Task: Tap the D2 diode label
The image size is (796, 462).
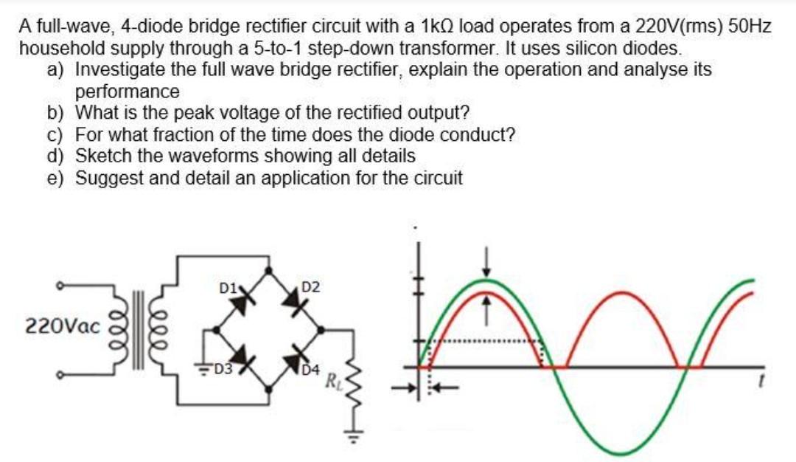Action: pyautogui.click(x=310, y=286)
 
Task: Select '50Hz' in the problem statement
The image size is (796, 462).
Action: pyautogui.click(x=750, y=27)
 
